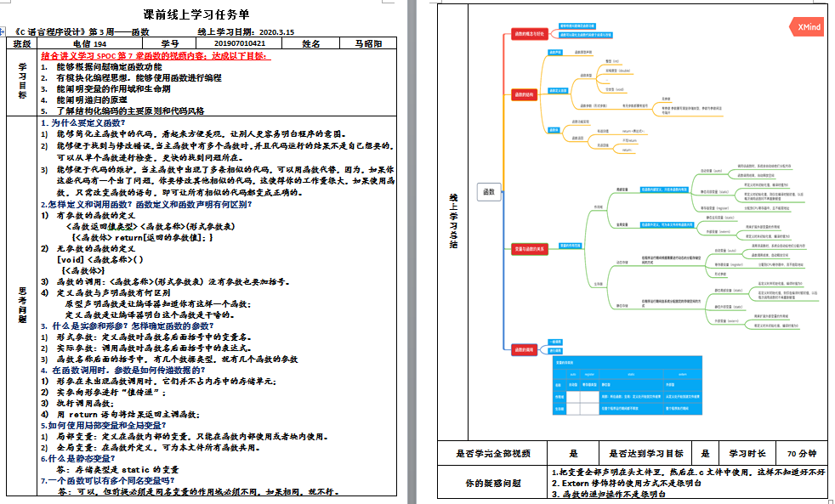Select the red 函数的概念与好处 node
coord(524,35)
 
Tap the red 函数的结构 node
coord(524,95)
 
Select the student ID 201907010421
coord(240,43)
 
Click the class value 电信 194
coord(89,43)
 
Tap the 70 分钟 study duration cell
coord(801,453)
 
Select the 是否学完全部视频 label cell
coord(493,453)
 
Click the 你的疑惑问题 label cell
coord(493,482)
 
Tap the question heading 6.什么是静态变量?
coord(77,457)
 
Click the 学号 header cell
coord(170,43)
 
